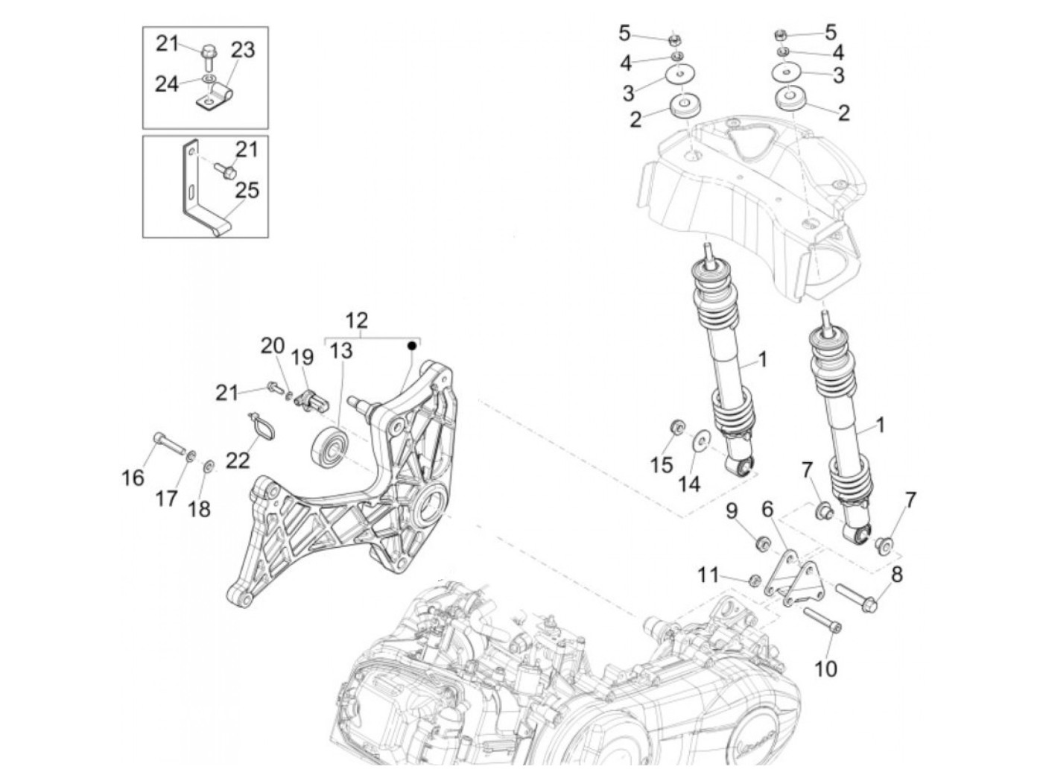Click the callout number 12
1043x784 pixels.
(357, 320)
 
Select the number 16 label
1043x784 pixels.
(133, 477)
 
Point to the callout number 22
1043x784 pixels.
(238, 462)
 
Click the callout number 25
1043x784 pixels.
(247, 190)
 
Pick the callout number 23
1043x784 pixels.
(243, 50)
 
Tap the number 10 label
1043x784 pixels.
(825, 668)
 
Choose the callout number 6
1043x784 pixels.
(767, 508)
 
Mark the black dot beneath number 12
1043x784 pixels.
(411, 345)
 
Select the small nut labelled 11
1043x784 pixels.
(753, 580)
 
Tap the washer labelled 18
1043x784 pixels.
(209, 467)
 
